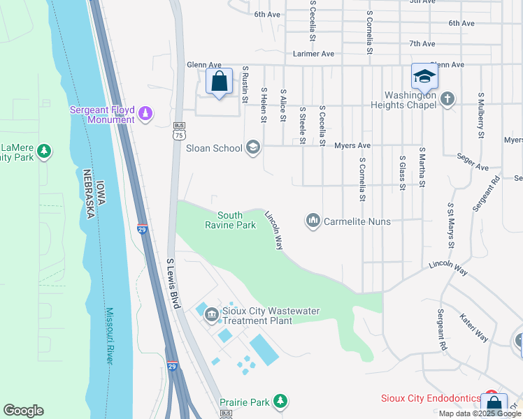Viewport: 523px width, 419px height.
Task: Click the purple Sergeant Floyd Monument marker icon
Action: [x=146, y=113]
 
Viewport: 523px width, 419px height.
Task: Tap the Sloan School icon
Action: [x=253, y=147]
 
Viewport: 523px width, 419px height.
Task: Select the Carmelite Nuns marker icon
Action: [x=313, y=221]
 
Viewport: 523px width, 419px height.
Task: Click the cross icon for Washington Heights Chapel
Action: [x=448, y=100]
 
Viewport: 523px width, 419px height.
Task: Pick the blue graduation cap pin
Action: [x=424, y=78]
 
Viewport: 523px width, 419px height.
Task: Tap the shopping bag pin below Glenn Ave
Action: [x=219, y=82]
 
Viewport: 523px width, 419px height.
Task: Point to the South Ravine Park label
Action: [x=230, y=221]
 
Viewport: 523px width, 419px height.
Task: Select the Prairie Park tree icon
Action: [x=280, y=401]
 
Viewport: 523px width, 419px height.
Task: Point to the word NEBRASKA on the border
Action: [x=88, y=193]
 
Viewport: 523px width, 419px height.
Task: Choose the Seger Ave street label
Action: [x=472, y=163]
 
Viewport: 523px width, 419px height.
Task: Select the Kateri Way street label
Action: [x=473, y=326]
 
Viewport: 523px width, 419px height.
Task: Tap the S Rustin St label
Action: [x=245, y=84]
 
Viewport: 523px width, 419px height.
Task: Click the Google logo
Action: [x=23, y=411]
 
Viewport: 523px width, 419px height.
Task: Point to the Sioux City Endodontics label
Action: [x=430, y=399]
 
